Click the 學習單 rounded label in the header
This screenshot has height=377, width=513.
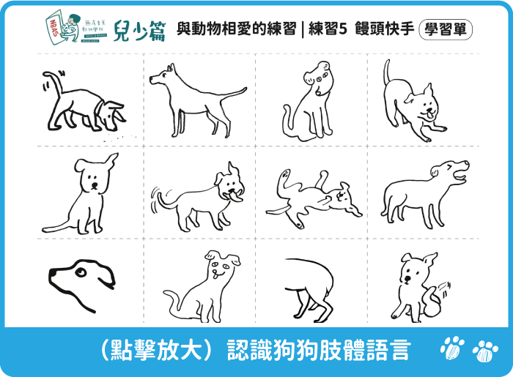click(446, 30)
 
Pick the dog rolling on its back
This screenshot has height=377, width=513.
click(308, 196)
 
